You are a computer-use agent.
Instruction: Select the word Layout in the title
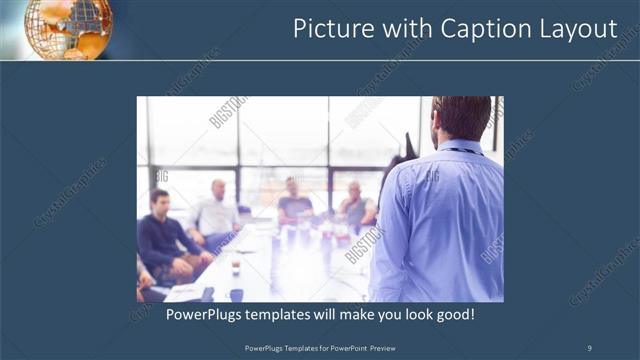[580, 30]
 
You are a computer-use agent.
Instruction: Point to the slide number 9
[589, 347]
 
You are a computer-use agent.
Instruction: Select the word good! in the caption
[452, 314]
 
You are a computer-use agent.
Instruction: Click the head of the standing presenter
[462, 117]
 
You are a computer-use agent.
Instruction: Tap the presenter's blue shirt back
[440, 220]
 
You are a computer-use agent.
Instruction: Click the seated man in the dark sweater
[165, 240]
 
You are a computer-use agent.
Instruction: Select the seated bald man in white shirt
[216, 215]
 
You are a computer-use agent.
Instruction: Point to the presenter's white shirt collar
[462, 146]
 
